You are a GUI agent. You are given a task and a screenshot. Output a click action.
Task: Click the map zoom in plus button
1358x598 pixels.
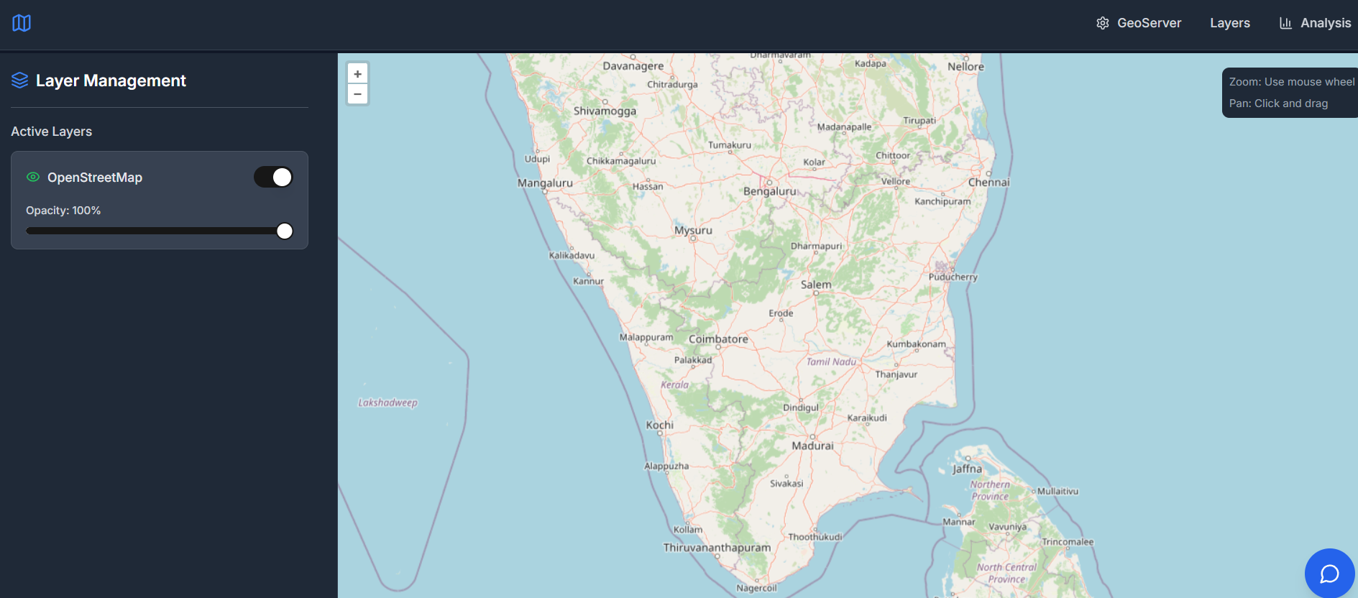[357, 73]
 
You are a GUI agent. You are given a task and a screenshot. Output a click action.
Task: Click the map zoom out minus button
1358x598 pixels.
[357, 94]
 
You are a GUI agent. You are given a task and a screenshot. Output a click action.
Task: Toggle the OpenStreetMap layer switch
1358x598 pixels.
[273, 177]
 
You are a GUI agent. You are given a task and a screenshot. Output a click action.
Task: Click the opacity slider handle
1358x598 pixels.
[285, 231]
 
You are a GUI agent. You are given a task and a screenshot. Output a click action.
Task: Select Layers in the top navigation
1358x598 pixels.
[1229, 23]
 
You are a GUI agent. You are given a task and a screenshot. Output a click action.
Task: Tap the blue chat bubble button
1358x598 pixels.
[1329, 574]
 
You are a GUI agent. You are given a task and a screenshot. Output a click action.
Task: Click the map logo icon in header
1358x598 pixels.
[22, 23]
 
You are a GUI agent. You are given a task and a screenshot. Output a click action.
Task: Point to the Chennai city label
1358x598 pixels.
[988, 183]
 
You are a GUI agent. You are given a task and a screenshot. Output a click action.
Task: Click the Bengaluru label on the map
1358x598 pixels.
[770, 191]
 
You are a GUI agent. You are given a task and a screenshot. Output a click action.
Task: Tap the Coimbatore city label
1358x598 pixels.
[718, 339]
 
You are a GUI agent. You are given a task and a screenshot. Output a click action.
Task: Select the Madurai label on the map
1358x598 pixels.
[812, 446]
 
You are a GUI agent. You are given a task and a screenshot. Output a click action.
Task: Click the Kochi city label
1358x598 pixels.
[659, 425]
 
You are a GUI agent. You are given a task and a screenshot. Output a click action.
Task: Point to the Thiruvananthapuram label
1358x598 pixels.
[717, 548]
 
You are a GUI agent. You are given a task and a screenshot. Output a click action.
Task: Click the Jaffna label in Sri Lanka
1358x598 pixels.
[967, 469]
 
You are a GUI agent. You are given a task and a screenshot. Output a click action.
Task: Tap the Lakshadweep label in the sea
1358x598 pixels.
[387, 402]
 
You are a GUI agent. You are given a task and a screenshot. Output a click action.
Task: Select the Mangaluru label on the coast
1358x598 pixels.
[545, 183]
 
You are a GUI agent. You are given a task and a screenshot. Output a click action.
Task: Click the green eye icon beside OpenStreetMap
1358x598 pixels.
[33, 177]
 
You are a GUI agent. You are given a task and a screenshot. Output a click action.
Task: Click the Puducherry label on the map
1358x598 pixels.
[953, 277]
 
